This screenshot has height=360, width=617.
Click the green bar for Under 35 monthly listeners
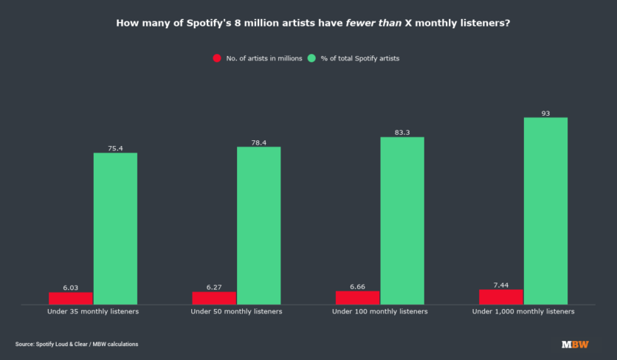[115, 228]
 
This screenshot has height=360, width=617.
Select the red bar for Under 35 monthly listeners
[71, 298]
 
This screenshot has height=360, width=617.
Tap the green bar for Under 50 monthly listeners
[258, 225]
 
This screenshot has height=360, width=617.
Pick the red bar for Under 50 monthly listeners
[214, 297]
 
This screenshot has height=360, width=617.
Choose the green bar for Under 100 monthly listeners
[402, 221]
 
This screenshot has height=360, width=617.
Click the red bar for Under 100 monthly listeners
[357, 297]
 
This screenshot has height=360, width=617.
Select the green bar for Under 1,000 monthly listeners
[545, 210]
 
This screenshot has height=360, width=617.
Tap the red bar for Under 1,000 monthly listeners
[501, 297]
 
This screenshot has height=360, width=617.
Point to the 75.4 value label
[115, 148]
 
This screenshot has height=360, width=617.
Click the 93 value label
[545, 113]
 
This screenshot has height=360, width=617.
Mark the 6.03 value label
[71, 288]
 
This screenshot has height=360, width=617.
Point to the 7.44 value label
[501, 285]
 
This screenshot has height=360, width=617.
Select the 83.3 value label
[402, 133]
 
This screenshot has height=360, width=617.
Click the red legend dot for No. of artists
[217, 58]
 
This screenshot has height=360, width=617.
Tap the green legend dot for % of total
[312, 58]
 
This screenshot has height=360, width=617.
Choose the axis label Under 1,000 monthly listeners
[523, 312]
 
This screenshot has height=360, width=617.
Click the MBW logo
[575, 345]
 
